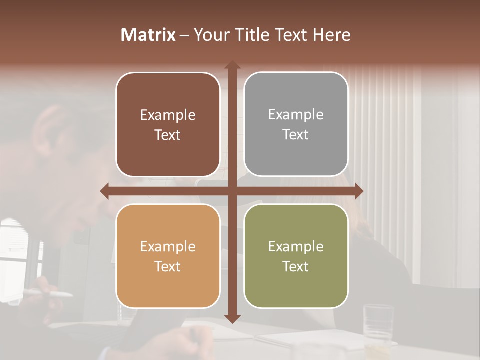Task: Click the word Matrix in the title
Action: coord(148,35)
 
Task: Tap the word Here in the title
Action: coord(331,35)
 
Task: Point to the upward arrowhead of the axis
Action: coord(232,65)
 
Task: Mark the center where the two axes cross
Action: coord(232,191)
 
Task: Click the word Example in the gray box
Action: coord(296,115)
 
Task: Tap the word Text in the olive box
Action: coord(296,267)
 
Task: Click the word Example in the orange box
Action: coord(168,247)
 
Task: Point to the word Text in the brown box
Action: coord(168,135)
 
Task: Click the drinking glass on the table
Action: coord(378,322)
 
